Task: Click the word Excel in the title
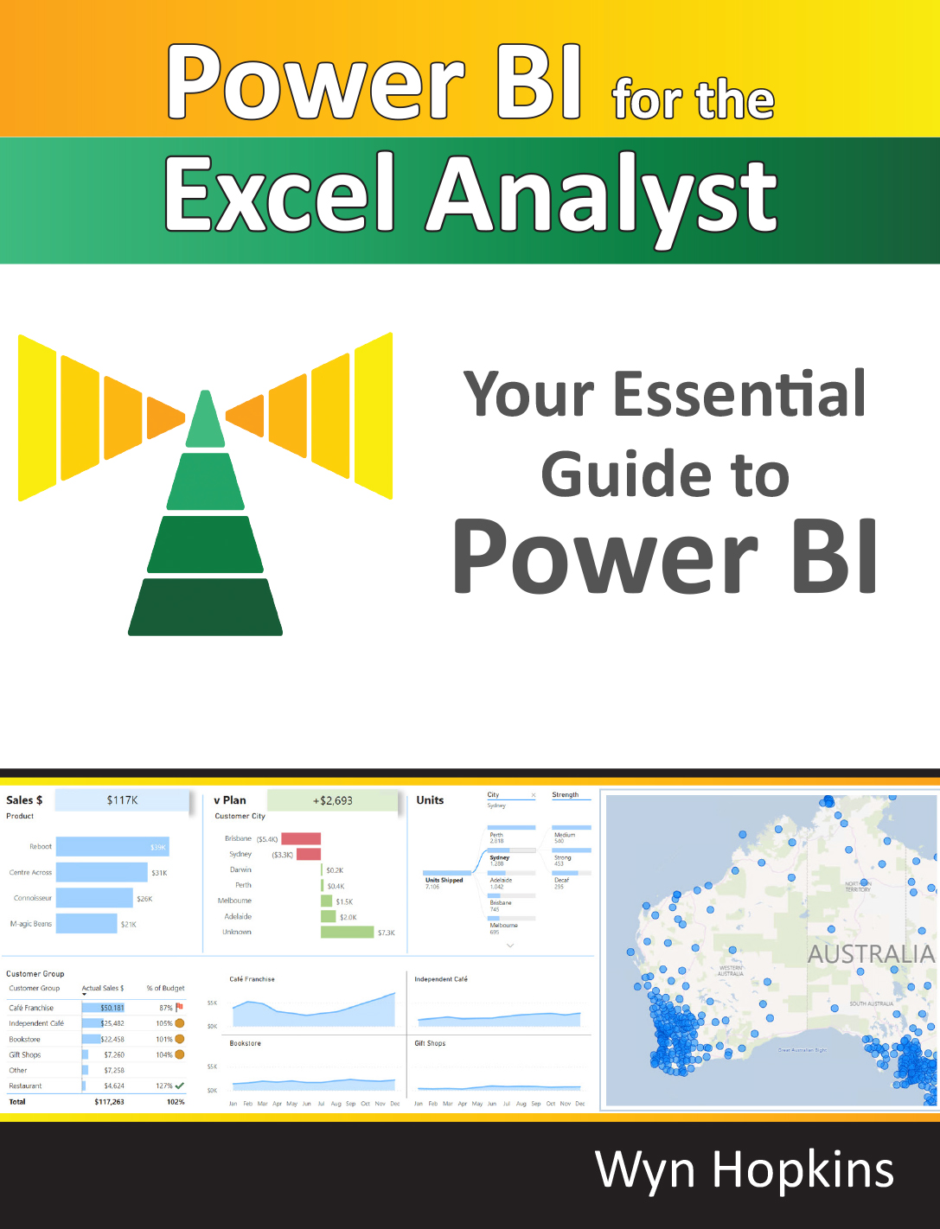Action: (x=278, y=196)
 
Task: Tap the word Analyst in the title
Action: (x=603, y=199)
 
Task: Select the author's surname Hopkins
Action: (x=803, y=1170)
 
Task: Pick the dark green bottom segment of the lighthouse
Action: (x=206, y=607)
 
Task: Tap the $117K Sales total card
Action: (x=122, y=800)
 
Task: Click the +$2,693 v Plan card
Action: (x=332, y=800)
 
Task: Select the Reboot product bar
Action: (x=112, y=847)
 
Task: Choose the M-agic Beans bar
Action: (x=86, y=924)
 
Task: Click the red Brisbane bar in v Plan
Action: (x=301, y=839)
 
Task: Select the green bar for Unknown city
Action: (x=347, y=933)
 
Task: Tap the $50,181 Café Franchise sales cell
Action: (x=112, y=1008)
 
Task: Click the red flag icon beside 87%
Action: (x=179, y=1007)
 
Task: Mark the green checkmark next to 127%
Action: (x=179, y=1086)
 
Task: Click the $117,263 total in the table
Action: (x=109, y=1102)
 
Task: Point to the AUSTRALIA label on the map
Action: (x=871, y=954)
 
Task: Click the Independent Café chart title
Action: (x=441, y=979)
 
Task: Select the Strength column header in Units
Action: (x=566, y=795)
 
